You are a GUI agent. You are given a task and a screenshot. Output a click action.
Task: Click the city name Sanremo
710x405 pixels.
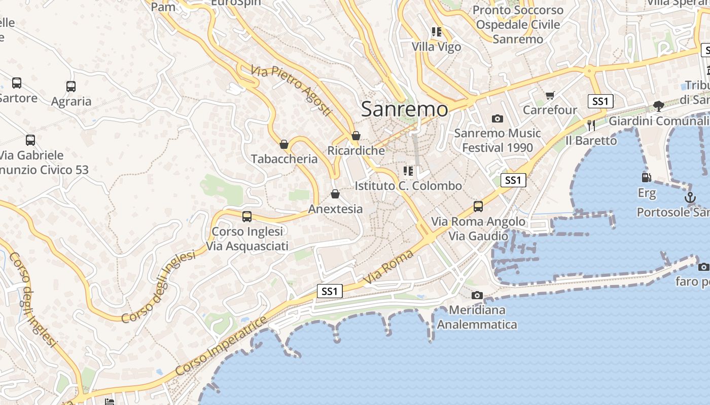405,109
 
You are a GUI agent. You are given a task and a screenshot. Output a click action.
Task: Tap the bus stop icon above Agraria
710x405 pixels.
71,87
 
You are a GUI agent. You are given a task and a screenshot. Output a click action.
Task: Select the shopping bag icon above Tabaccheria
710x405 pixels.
284,144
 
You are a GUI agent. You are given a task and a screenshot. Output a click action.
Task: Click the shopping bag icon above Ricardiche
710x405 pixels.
356,136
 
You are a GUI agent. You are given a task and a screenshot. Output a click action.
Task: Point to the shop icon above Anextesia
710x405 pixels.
335,194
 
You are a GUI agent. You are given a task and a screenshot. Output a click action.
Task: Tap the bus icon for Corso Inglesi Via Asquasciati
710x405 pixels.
247,217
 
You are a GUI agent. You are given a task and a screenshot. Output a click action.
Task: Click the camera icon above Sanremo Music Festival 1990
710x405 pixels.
498,118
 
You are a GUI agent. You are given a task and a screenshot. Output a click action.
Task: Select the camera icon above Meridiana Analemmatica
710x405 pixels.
477,295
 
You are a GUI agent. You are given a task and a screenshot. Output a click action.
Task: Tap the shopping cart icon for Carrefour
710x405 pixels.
550,95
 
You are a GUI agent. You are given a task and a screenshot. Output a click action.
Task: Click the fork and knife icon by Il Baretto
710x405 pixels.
591,125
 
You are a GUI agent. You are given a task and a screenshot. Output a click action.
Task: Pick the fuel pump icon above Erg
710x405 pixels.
646,178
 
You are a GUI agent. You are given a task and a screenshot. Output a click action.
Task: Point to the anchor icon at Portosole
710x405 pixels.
690,197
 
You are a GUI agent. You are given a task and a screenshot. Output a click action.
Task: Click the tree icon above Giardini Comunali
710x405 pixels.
659,106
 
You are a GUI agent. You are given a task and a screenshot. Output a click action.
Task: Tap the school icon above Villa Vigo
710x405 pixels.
437,32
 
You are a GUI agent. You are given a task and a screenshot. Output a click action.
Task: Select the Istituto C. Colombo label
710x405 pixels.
408,186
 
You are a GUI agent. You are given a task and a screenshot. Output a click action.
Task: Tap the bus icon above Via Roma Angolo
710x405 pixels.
478,207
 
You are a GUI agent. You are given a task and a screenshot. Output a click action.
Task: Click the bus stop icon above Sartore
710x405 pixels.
17,83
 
